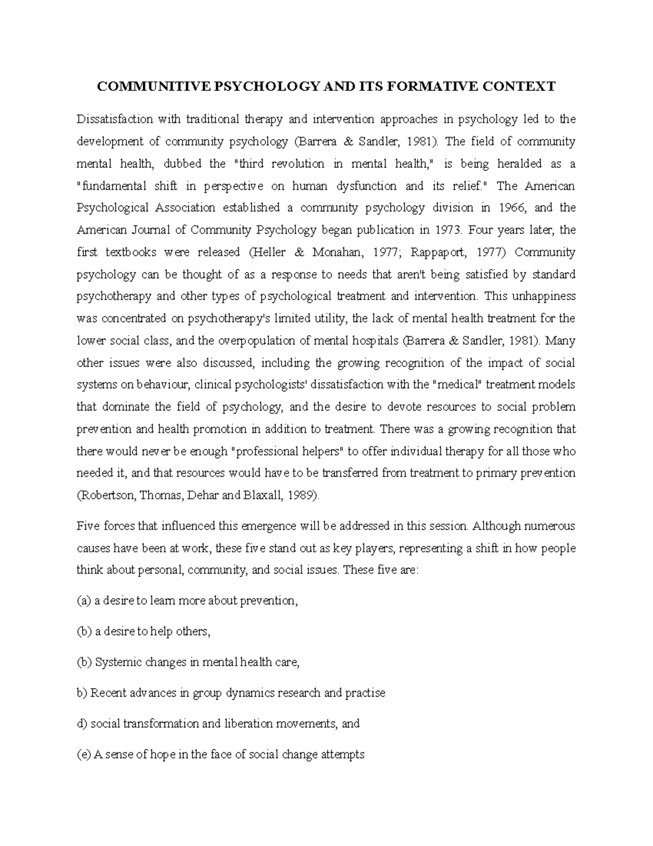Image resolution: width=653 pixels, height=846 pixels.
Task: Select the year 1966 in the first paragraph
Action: pos(511,208)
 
